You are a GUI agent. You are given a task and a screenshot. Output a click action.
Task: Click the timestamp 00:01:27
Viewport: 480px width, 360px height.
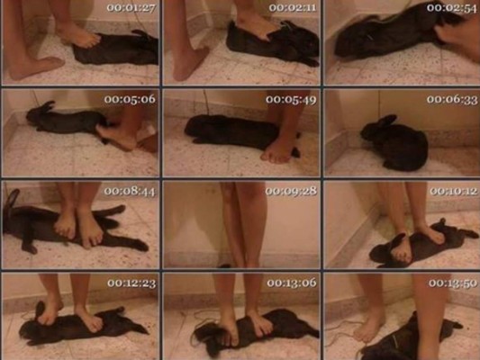pos(131,7)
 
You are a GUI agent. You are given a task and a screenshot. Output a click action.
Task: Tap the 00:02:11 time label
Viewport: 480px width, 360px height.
pos(293,7)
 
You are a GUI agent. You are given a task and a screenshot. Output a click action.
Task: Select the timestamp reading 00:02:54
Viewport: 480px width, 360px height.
pos(452,8)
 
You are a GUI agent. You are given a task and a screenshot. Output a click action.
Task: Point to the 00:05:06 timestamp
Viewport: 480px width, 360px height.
pos(130,99)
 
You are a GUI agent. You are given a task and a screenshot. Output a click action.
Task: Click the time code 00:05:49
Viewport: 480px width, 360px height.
pos(291,99)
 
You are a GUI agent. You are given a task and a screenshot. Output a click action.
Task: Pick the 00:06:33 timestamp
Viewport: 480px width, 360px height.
pos(452,99)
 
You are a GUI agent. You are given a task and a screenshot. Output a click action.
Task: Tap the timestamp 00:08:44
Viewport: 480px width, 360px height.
pos(130,191)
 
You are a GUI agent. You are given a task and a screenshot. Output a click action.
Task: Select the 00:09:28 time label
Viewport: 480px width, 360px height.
pos(291,191)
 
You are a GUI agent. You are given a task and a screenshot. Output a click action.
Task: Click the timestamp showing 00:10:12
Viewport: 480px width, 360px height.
pos(453,191)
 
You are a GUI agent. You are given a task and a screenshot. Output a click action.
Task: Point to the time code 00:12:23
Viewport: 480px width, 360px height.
pos(131,283)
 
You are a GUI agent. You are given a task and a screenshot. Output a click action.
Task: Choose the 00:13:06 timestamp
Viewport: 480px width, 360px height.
pos(292,283)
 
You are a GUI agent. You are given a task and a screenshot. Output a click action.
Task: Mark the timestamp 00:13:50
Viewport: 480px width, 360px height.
pos(453,283)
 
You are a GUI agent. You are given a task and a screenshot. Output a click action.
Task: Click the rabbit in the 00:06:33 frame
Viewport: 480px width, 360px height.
pos(394,143)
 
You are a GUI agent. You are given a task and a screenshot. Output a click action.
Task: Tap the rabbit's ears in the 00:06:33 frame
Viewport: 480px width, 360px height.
pos(386,121)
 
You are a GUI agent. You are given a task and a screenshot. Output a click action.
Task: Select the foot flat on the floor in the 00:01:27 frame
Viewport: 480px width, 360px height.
pos(36,67)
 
